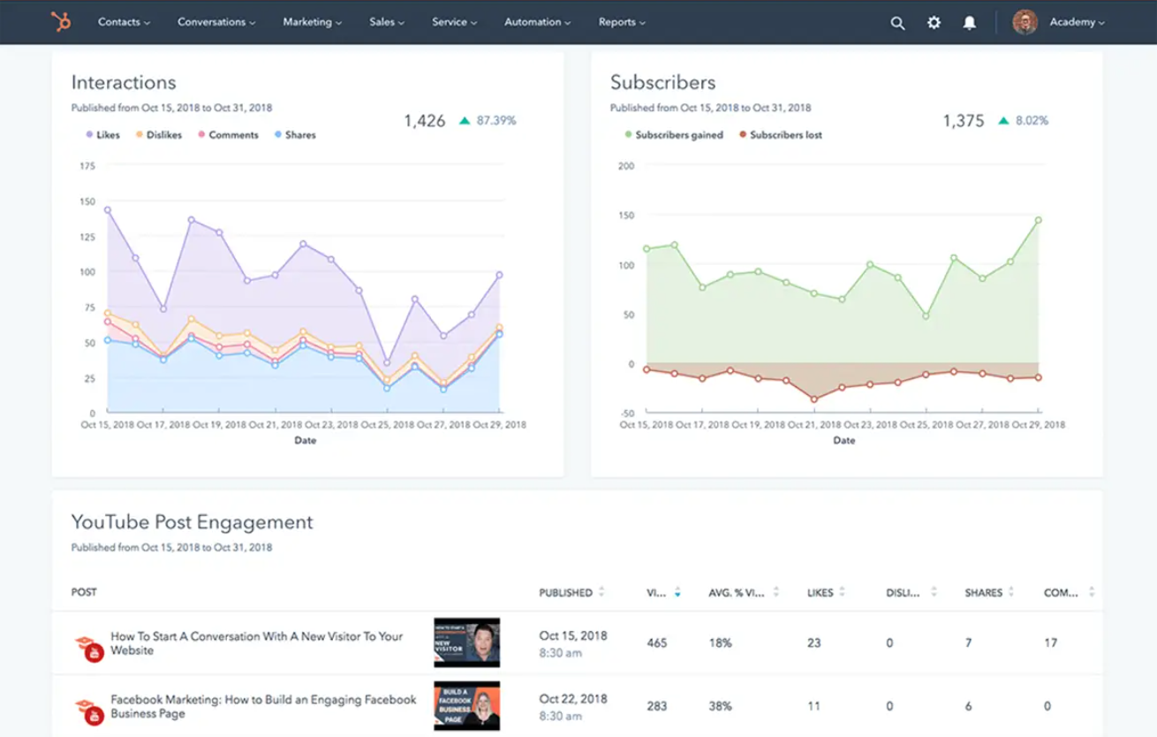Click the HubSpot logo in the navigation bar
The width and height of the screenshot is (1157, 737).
pyautogui.click(x=61, y=22)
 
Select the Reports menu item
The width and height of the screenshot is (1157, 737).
pyautogui.click(x=622, y=22)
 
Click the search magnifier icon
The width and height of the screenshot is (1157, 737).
pyautogui.click(x=897, y=23)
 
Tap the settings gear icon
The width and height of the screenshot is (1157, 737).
pyautogui.click(x=934, y=23)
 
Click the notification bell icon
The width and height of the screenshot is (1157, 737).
pyautogui.click(x=970, y=23)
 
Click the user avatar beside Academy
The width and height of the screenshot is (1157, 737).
pyautogui.click(x=1025, y=22)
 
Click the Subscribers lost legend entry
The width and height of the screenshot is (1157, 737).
pyautogui.click(x=785, y=135)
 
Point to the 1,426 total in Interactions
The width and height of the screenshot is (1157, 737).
pyautogui.click(x=425, y=121)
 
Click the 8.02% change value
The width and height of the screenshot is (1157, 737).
pyautogui.click(x=1031, y=121)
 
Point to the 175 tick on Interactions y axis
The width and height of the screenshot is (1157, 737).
pyautogui.click(x=87, y=166)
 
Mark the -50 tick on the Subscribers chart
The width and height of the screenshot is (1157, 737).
pyautogui.click(x=626, y=414)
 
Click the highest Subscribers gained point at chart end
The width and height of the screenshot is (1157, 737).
pyautogui.click(x=1038, y=220)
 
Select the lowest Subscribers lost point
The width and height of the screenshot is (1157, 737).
pyautogui.click(x=813, y=399)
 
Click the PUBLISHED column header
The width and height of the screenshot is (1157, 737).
pyautogui.click(x=565, y=593)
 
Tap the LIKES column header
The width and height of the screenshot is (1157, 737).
pyautogui.click(x=820, y=593)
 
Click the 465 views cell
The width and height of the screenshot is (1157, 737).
pyautogui.click(x=656, y=643)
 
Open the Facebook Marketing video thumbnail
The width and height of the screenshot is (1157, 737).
pyautogui.click(x=466, y=706)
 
